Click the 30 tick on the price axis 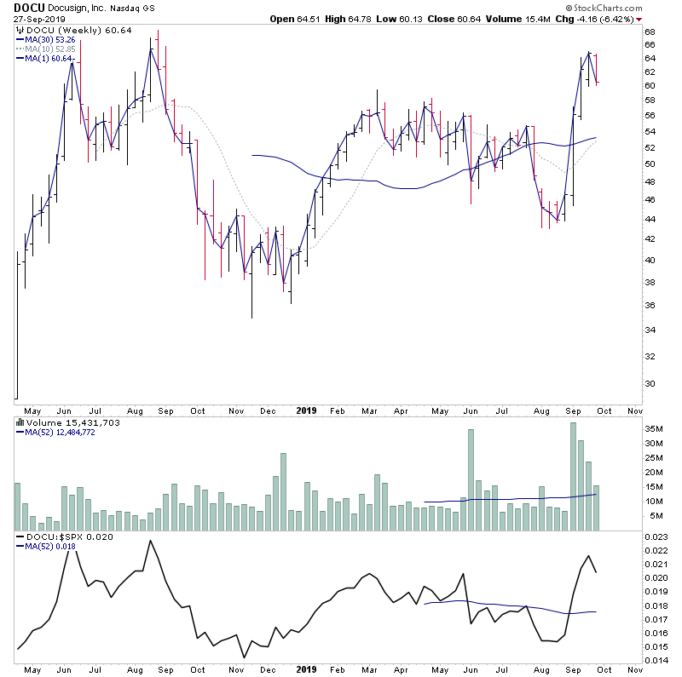649,383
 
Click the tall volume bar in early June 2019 471,479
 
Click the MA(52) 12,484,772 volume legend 61,432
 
